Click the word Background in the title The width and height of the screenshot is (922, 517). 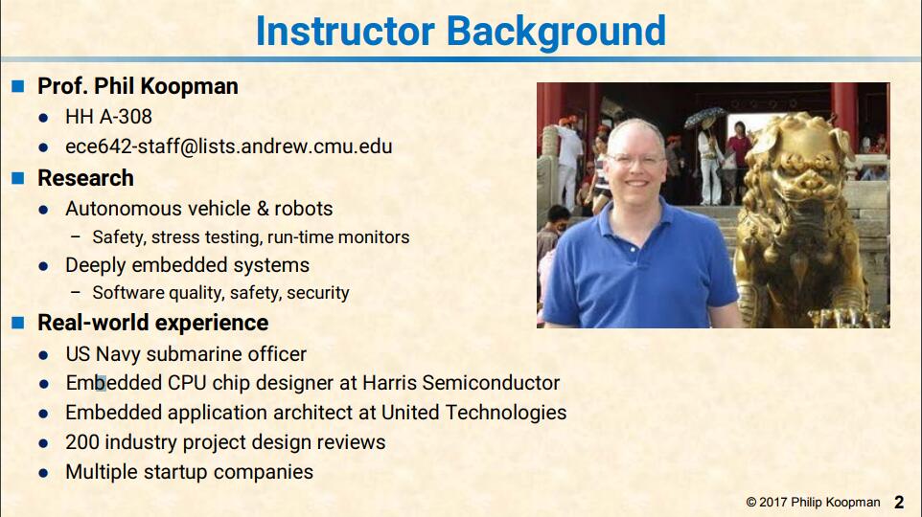pos(556,32)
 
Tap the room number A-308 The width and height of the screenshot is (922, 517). pos(126,117)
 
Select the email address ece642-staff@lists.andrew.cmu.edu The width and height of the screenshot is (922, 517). pos(229,146)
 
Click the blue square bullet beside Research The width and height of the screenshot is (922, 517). pos(18,178)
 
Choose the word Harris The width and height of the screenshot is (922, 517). pos(390,382)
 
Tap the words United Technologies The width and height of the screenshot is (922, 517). pos(473,413)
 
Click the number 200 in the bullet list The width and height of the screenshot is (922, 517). pos(82,441)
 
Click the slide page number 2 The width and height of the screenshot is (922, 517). pos(899,503)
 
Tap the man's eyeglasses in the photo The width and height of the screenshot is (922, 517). pos(635,160)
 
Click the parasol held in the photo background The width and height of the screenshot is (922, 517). pos(703,118)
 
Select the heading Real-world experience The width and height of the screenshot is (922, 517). pos(153,324)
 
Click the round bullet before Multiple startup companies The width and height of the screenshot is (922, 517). pos(43,473)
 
